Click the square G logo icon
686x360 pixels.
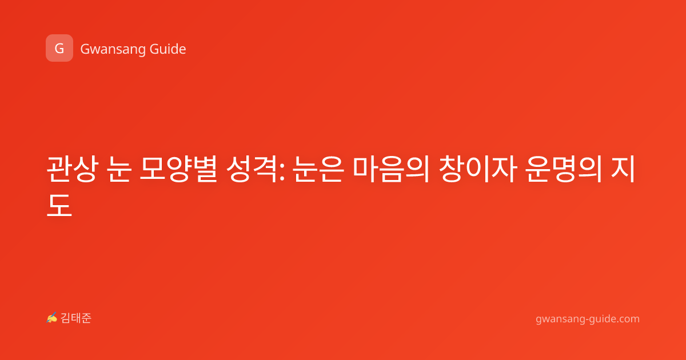coord(59,48)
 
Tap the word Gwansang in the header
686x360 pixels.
coord(113,50)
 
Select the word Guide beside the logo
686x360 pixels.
coord(168,49)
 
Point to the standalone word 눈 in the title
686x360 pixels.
coord(119,169)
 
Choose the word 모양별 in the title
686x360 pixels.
coord(178,169)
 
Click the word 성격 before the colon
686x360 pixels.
coord(252,169)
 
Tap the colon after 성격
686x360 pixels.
coord(282,173)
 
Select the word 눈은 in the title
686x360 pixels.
coord(318,169)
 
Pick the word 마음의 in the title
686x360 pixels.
coord(391,169)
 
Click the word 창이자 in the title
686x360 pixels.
coord(478,169)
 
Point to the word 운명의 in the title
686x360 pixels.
coord(564,169)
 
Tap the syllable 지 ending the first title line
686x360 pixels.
coord(623,169)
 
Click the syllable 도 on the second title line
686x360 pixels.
coord(59,205)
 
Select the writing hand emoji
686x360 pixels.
coord(51,318)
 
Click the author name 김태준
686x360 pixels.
coord(76,318)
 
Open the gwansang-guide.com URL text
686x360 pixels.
coord(588,319)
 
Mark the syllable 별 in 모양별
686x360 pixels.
coord(205,169)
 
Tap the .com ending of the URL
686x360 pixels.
coord(628,319)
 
